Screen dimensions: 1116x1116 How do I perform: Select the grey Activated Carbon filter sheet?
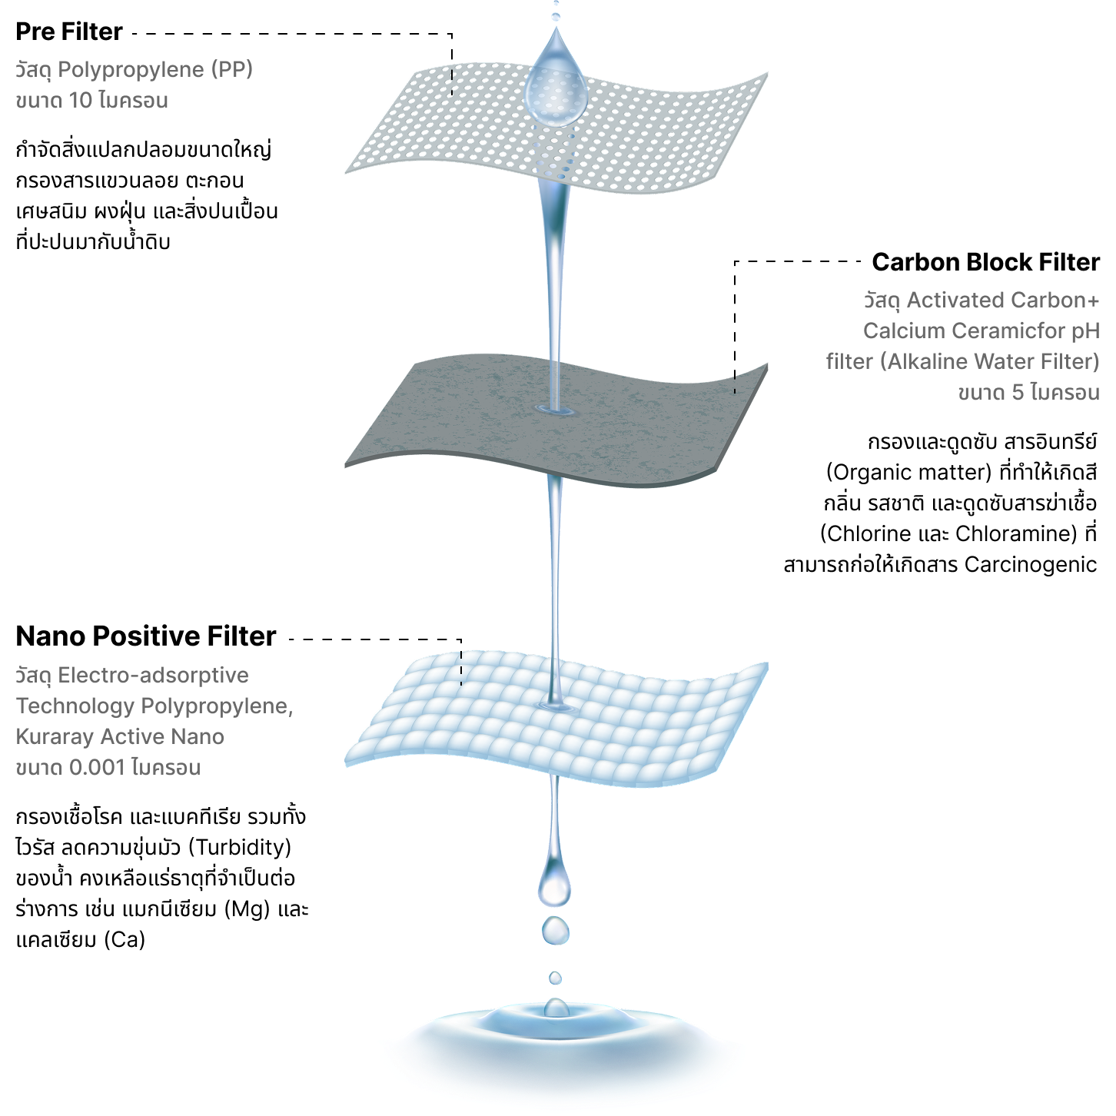pos(461,415)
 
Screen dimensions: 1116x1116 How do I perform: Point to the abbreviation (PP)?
pos(233,70)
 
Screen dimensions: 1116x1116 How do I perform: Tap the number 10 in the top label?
pos(81,101)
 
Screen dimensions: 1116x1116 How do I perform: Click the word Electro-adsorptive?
pos(153,676)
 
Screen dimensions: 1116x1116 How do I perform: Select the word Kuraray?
pos(55,737)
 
